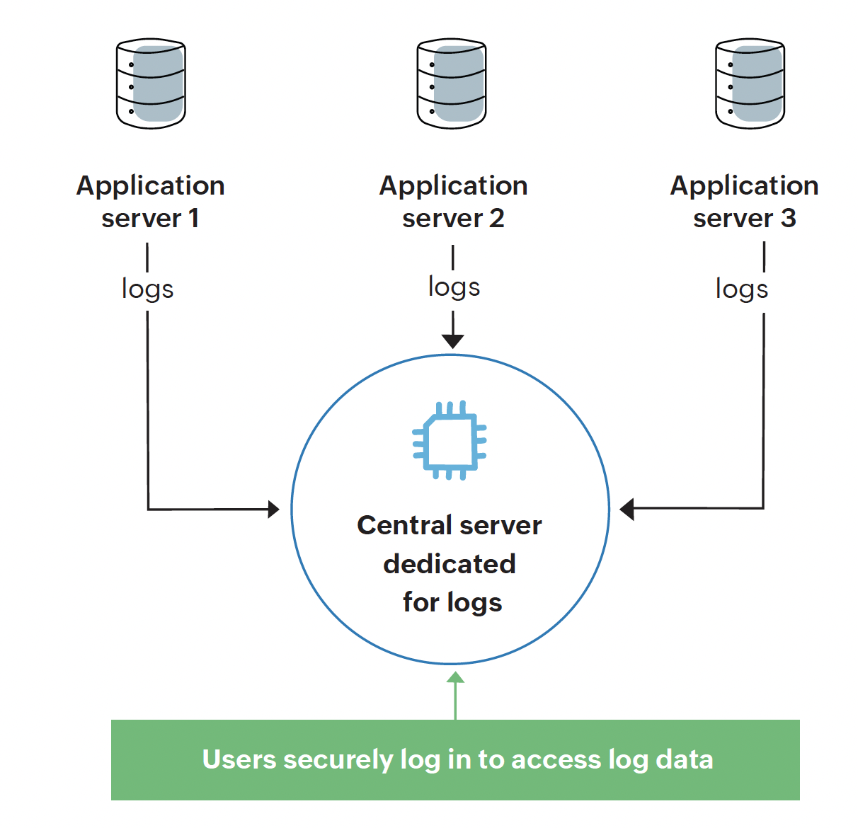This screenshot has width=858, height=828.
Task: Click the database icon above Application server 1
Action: click(x=151, y=84)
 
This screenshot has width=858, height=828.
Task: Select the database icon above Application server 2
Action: click(x=452, y=84)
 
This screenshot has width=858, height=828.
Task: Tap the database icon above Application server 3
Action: click(x=750, y=84)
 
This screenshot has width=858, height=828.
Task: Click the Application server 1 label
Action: click(x=151, y=202)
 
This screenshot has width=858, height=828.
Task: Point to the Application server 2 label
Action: click(x=453, y=202)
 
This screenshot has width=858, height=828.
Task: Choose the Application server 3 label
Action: click(x=744, y=202)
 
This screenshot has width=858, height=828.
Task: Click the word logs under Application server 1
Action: click(x=147, y=289)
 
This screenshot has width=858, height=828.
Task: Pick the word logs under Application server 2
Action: click(x=454, y=287)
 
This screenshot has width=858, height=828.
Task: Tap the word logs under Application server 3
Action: click(x=741, y=289)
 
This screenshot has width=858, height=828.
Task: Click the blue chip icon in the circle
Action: click(x=450, y=440)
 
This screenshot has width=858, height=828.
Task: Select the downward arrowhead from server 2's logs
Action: click(x=452, y=340)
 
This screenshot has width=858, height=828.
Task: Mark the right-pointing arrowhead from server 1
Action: click(x=273, y=509)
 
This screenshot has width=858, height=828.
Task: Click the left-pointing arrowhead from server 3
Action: click(x=627, y=509)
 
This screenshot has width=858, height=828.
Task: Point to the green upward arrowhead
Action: click(x=455, y=678)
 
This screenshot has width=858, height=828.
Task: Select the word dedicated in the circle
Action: click(x=450, y=564)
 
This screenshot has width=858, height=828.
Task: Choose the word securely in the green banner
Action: click(x=338, y=759)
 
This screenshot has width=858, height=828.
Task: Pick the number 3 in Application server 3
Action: click(x=788, y=219)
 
